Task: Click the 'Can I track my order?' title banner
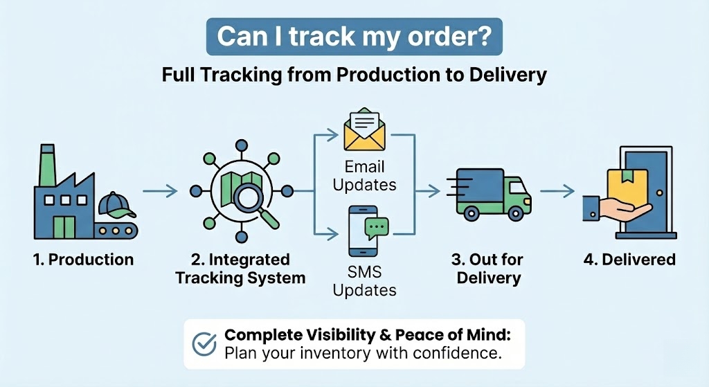(x=354, y=37)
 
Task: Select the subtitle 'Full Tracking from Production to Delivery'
(x=354, y=74)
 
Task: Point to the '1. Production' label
(x=83, y=260)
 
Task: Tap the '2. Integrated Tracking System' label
(x=240, y=269)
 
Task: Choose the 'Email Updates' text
(x=364, y=176)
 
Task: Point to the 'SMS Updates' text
(x=364, y=281)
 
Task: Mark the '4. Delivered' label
(x=629, y=260)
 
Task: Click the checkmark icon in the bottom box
(x=204, y=344)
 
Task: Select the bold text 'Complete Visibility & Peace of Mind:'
(x=367, y=335)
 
